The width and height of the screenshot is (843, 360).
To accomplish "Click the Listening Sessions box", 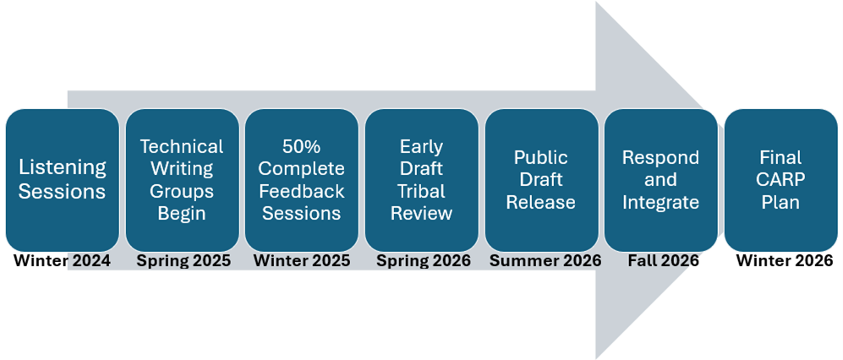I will point(63,179).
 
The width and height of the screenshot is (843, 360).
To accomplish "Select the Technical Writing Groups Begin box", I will point(182,179).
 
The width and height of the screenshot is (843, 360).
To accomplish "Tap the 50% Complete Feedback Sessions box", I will point(302,179).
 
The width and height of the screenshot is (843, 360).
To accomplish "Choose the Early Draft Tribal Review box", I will point(421,179).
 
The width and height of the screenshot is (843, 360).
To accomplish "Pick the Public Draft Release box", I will point(541,179).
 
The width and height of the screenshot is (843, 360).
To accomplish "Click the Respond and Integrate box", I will point(660,179).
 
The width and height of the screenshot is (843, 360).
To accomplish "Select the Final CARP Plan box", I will point(780,179).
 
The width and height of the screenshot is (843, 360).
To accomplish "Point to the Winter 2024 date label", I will point(62,261).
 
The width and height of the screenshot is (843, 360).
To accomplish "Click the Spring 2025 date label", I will point(183,261).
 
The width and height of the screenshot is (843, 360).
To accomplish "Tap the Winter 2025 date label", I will point(302,261).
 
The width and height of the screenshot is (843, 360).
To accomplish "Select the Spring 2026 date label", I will point(423,261).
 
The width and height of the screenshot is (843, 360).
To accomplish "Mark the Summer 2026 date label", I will point(545,261).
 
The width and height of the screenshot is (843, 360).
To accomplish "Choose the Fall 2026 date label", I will point(663,261).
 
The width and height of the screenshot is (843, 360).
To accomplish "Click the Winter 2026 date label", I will point(784,261).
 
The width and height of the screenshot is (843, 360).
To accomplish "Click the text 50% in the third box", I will point(302,147).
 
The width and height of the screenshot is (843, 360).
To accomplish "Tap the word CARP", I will point(780,180).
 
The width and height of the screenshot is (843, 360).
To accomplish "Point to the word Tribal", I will point(421,191).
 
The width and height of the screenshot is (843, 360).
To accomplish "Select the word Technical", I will point(182,147).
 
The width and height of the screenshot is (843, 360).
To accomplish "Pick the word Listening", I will point(63,168).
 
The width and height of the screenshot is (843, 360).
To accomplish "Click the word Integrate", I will point(660,202).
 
